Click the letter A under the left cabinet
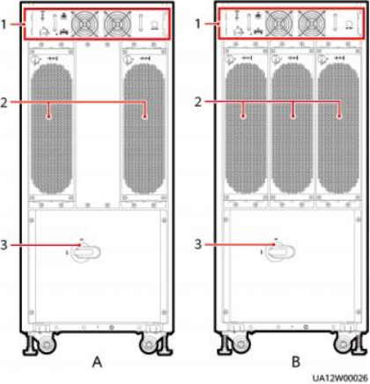97,362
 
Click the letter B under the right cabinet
296,362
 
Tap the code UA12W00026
340,378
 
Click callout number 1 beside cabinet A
4,25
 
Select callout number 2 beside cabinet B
198,102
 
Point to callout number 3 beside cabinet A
4,244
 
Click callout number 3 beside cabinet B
198,244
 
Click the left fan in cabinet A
85,25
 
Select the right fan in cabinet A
117,25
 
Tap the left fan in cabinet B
279,24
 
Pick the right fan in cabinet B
311,24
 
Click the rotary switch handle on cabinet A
86,252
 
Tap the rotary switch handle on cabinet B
281,252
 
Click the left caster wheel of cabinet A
46,344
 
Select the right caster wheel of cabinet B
344,344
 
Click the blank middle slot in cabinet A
98,125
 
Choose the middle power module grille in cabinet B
292,128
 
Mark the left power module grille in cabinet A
51,129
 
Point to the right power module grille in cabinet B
338,128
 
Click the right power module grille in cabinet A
144,129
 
